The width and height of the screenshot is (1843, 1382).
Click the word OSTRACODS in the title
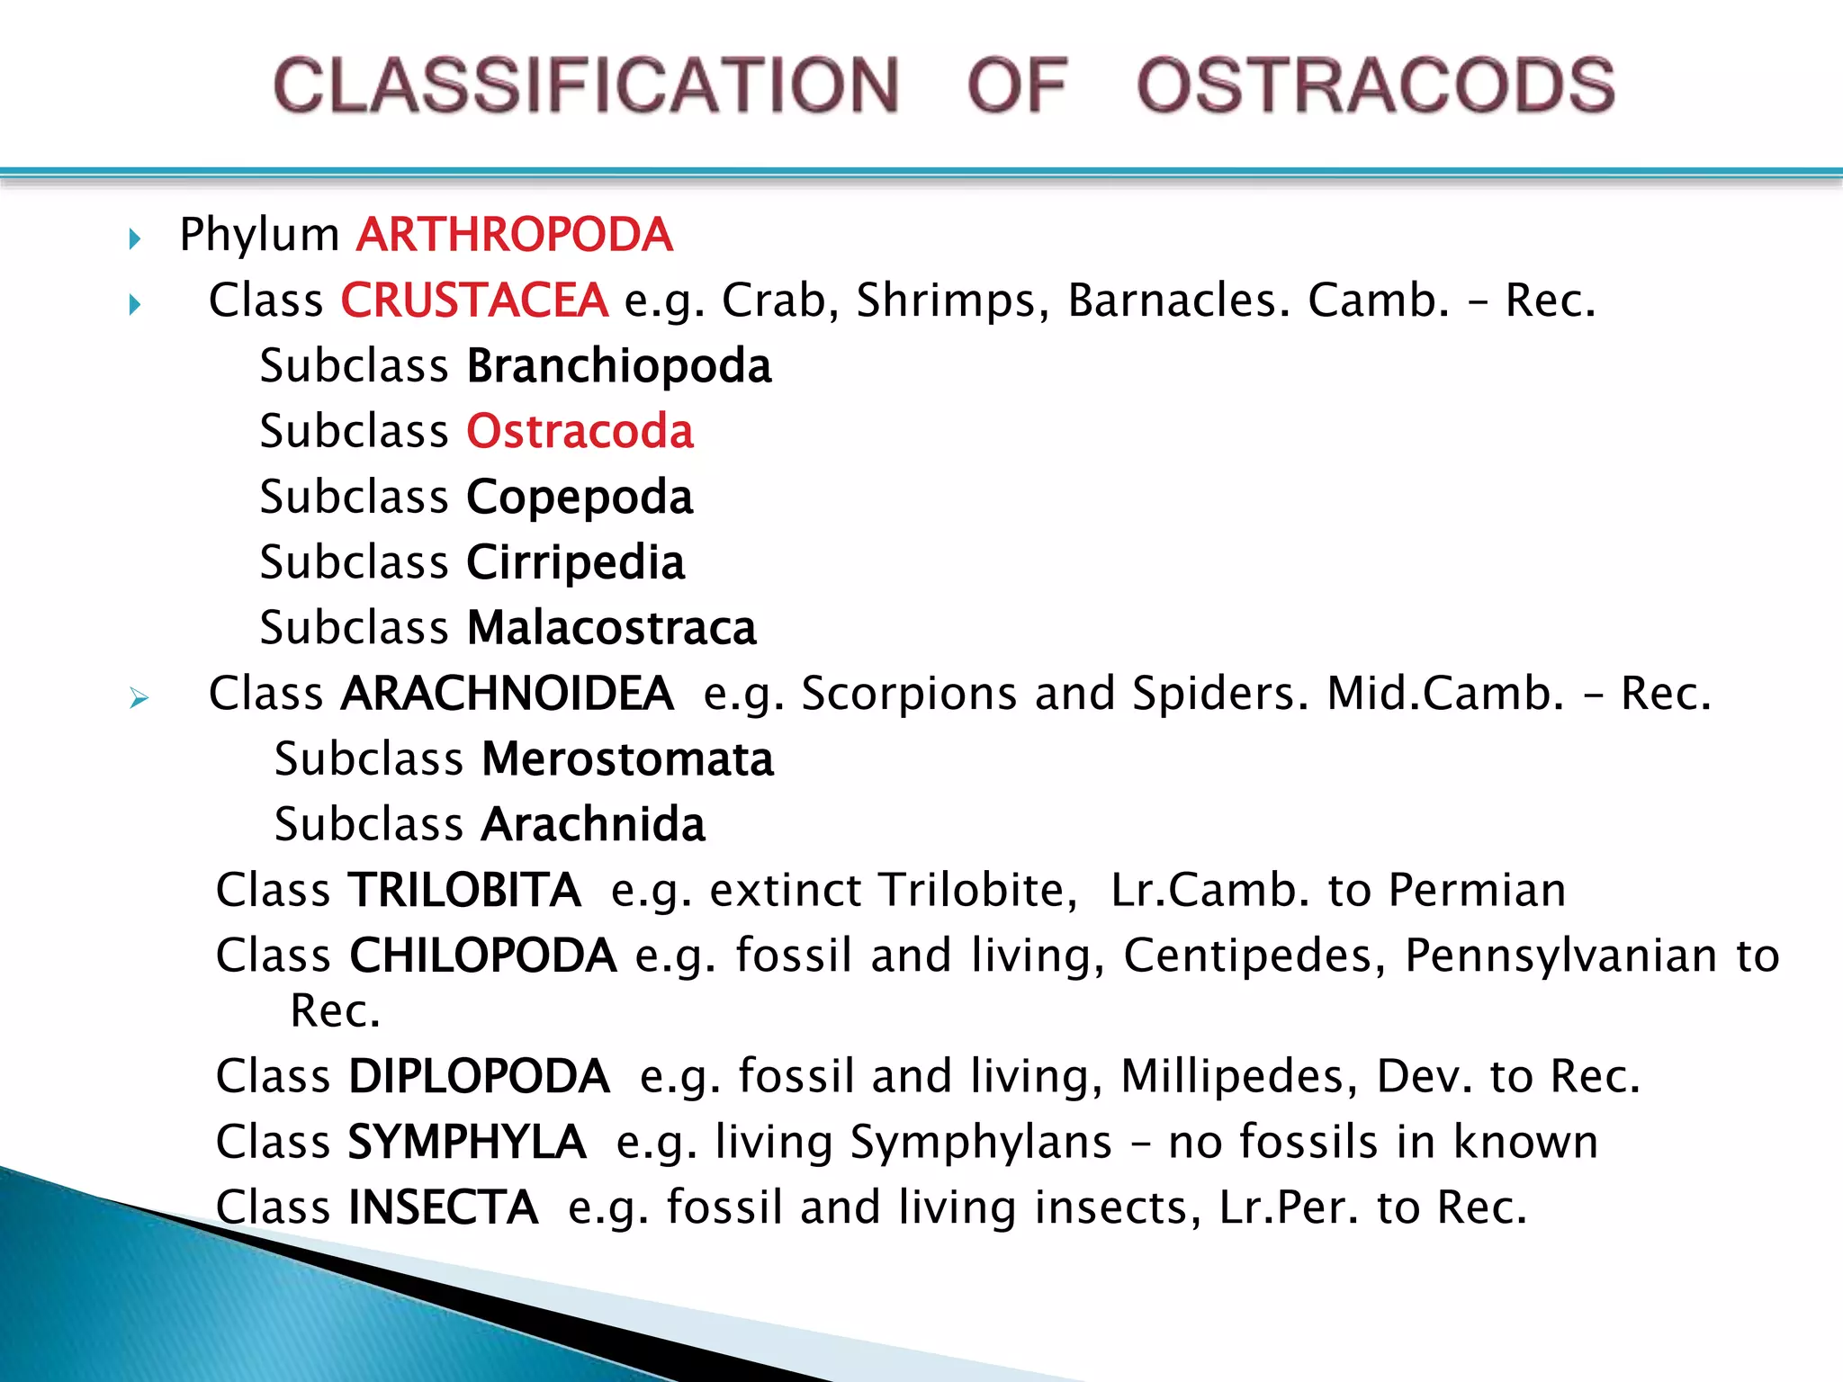point(1376,85)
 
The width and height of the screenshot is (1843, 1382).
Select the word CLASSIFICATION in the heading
point(586,85)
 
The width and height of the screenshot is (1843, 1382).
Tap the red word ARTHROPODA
point(515,235)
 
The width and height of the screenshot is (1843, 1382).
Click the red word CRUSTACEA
point(474,301)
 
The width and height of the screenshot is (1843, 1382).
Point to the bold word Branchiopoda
point(619,367)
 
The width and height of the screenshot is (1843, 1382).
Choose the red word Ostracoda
point(580,432)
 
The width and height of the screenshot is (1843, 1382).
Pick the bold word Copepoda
point(580,498)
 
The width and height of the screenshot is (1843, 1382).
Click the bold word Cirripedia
point(576,563)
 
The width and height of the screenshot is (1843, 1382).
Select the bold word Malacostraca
point(612,628)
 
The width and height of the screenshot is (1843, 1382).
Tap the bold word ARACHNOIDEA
point(508,694)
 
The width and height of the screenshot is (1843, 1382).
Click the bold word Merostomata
point(628,759)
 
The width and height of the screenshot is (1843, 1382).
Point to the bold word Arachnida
point(594,825)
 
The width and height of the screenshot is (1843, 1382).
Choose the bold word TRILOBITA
point(464,891)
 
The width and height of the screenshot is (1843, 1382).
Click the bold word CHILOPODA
point(483,956)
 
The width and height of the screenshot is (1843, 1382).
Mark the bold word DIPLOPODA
point(480,1076)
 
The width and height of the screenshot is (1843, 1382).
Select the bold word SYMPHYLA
point(467,1143)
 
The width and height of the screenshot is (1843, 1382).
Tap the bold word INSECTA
point(444,1207)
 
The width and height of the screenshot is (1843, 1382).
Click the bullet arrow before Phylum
point(135,238)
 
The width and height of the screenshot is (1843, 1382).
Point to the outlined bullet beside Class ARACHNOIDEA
point(138,697)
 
